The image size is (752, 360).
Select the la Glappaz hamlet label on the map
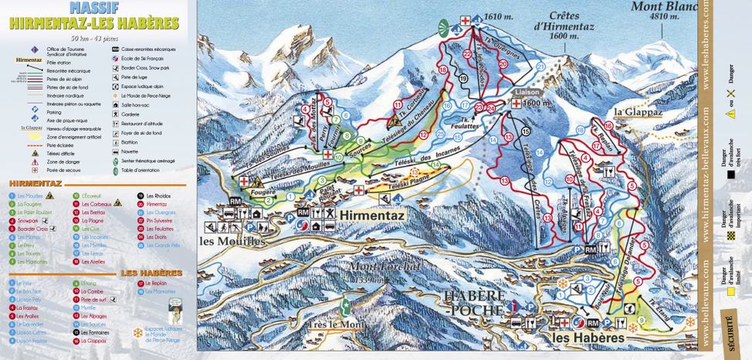click(x=629, y=111)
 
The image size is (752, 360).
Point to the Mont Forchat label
click(x=376, y=268)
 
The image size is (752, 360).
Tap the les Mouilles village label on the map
click(x=232, y=240)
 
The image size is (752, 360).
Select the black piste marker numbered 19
click(x=463, y=79)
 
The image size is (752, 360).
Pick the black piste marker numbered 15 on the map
click(x=526, y=131)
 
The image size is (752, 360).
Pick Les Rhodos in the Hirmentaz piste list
click(x=159, y=195)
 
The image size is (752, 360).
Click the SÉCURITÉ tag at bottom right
click(x=727, y=324)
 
